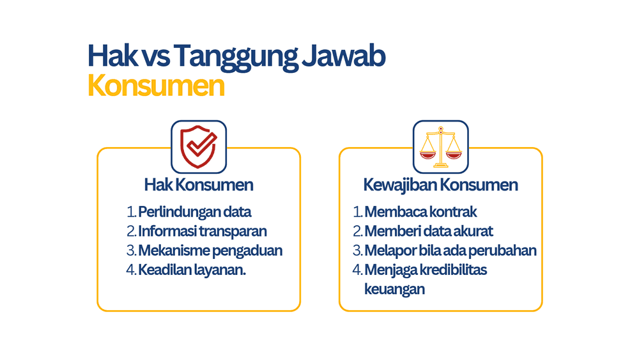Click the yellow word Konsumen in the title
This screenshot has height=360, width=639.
[156, 86]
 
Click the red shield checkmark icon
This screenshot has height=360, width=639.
[199, 147]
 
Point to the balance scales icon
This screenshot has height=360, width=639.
[440, 147]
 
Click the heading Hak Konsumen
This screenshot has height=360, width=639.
[199, 185]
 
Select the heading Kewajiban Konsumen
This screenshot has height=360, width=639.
[440, 185]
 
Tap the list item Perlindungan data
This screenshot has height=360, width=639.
[194, 212]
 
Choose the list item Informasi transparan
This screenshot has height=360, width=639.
[202, 231]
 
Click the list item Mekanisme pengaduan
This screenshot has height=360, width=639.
[210, 251]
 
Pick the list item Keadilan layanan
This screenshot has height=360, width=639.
[192, 270]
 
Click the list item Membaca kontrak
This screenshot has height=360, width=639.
[420, 212]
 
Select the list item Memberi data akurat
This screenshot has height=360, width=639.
[429, 231]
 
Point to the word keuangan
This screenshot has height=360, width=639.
[394, 290]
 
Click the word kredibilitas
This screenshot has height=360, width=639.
[453, 270]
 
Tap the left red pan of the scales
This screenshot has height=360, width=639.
[428, 155]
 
